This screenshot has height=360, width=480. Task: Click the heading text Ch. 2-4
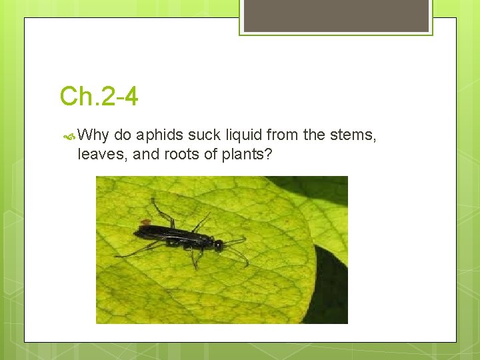click(99, 97)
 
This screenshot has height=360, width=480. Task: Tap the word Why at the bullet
click(93, 135)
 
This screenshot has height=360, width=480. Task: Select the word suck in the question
click(203, 135)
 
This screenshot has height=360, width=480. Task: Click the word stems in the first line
click(353, 135)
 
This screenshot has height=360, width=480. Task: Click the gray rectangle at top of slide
click(336, 15)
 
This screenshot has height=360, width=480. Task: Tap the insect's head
click(218, 244)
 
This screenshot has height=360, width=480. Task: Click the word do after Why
click(123, 135)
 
